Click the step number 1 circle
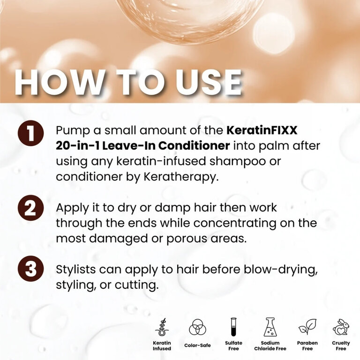coord(30,133)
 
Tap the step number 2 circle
coord(30,208)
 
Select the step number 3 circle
coord(30,269)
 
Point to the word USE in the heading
coord(208,82)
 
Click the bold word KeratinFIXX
coord(262,130)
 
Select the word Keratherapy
coord(181,177)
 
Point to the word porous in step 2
coord(187,239)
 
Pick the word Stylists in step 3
coord(76,270)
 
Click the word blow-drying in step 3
coord(281,270)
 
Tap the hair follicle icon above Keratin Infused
coord(162,328)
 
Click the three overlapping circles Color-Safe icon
coord(197,327)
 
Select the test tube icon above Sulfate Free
coord(233,327)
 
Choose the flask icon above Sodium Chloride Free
coord(270,327)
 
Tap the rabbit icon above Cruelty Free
coord(341,327)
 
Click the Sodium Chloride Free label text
coord(270,346)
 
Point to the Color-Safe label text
coord(197,345)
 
